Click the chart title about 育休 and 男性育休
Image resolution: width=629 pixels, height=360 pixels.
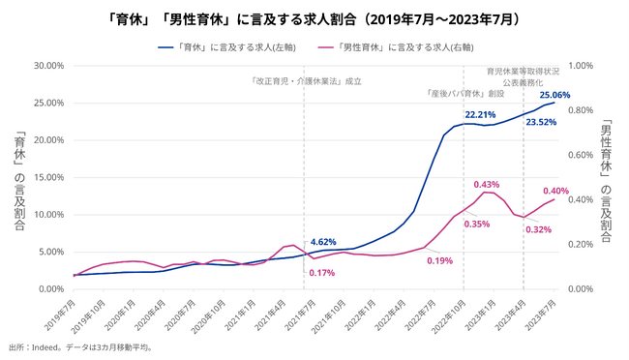[x=314, y=18]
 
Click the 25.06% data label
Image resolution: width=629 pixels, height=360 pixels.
[x=554, y=95]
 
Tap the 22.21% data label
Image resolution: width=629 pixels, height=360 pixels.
[x=481, y=113]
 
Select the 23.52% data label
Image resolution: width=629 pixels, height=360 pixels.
[x=541, y=123]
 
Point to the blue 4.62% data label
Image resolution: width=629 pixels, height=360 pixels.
[x=323, y=242]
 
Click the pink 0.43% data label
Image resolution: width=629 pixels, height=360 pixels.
[x=487, y=184]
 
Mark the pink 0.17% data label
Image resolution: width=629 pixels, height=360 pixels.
[x=322, y=273]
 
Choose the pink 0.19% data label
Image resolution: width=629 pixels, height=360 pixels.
[x=439, y=261]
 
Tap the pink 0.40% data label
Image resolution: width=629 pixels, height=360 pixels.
[x=555, y=191]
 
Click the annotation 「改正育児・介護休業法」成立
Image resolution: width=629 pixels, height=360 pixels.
[x=306, y=81]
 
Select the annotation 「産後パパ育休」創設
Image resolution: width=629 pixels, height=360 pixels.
[x=465, y=94]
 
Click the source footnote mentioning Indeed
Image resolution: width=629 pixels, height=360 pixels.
[x=80, y=346]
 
